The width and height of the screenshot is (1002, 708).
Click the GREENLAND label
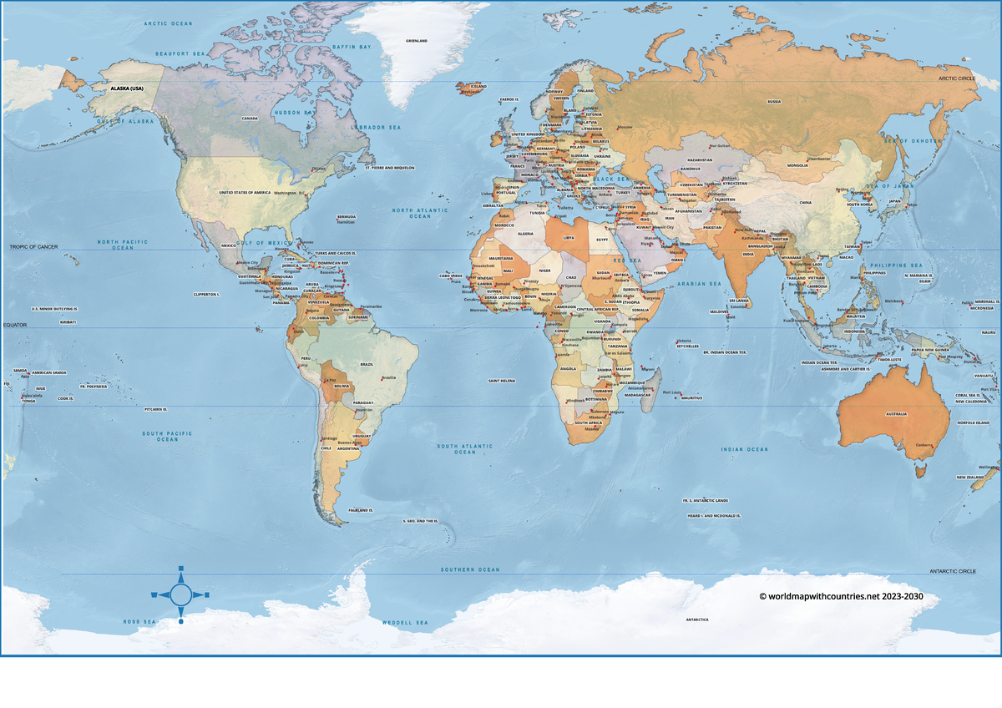coord(416,41)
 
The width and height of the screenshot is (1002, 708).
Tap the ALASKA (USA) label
coord(127,88)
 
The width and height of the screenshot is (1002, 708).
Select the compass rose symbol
coord(180,594)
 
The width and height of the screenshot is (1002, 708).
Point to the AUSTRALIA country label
coord(896,414)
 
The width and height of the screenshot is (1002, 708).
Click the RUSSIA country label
coord(774,102)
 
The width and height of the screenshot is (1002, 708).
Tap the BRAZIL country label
coord(366,365)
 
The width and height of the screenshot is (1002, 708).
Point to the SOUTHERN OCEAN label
coord(470,569)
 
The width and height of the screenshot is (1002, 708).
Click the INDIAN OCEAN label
coord(744,449)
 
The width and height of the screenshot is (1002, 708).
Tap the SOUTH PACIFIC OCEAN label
coord(167,436)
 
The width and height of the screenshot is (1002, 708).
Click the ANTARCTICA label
coord(697,619)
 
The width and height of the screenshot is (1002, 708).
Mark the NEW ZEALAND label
coord(969,478)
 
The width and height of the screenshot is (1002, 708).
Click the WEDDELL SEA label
coord(405,623)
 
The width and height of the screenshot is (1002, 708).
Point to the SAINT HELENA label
coord(501,381)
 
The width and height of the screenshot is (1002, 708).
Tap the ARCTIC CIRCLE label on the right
coord(957,78)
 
